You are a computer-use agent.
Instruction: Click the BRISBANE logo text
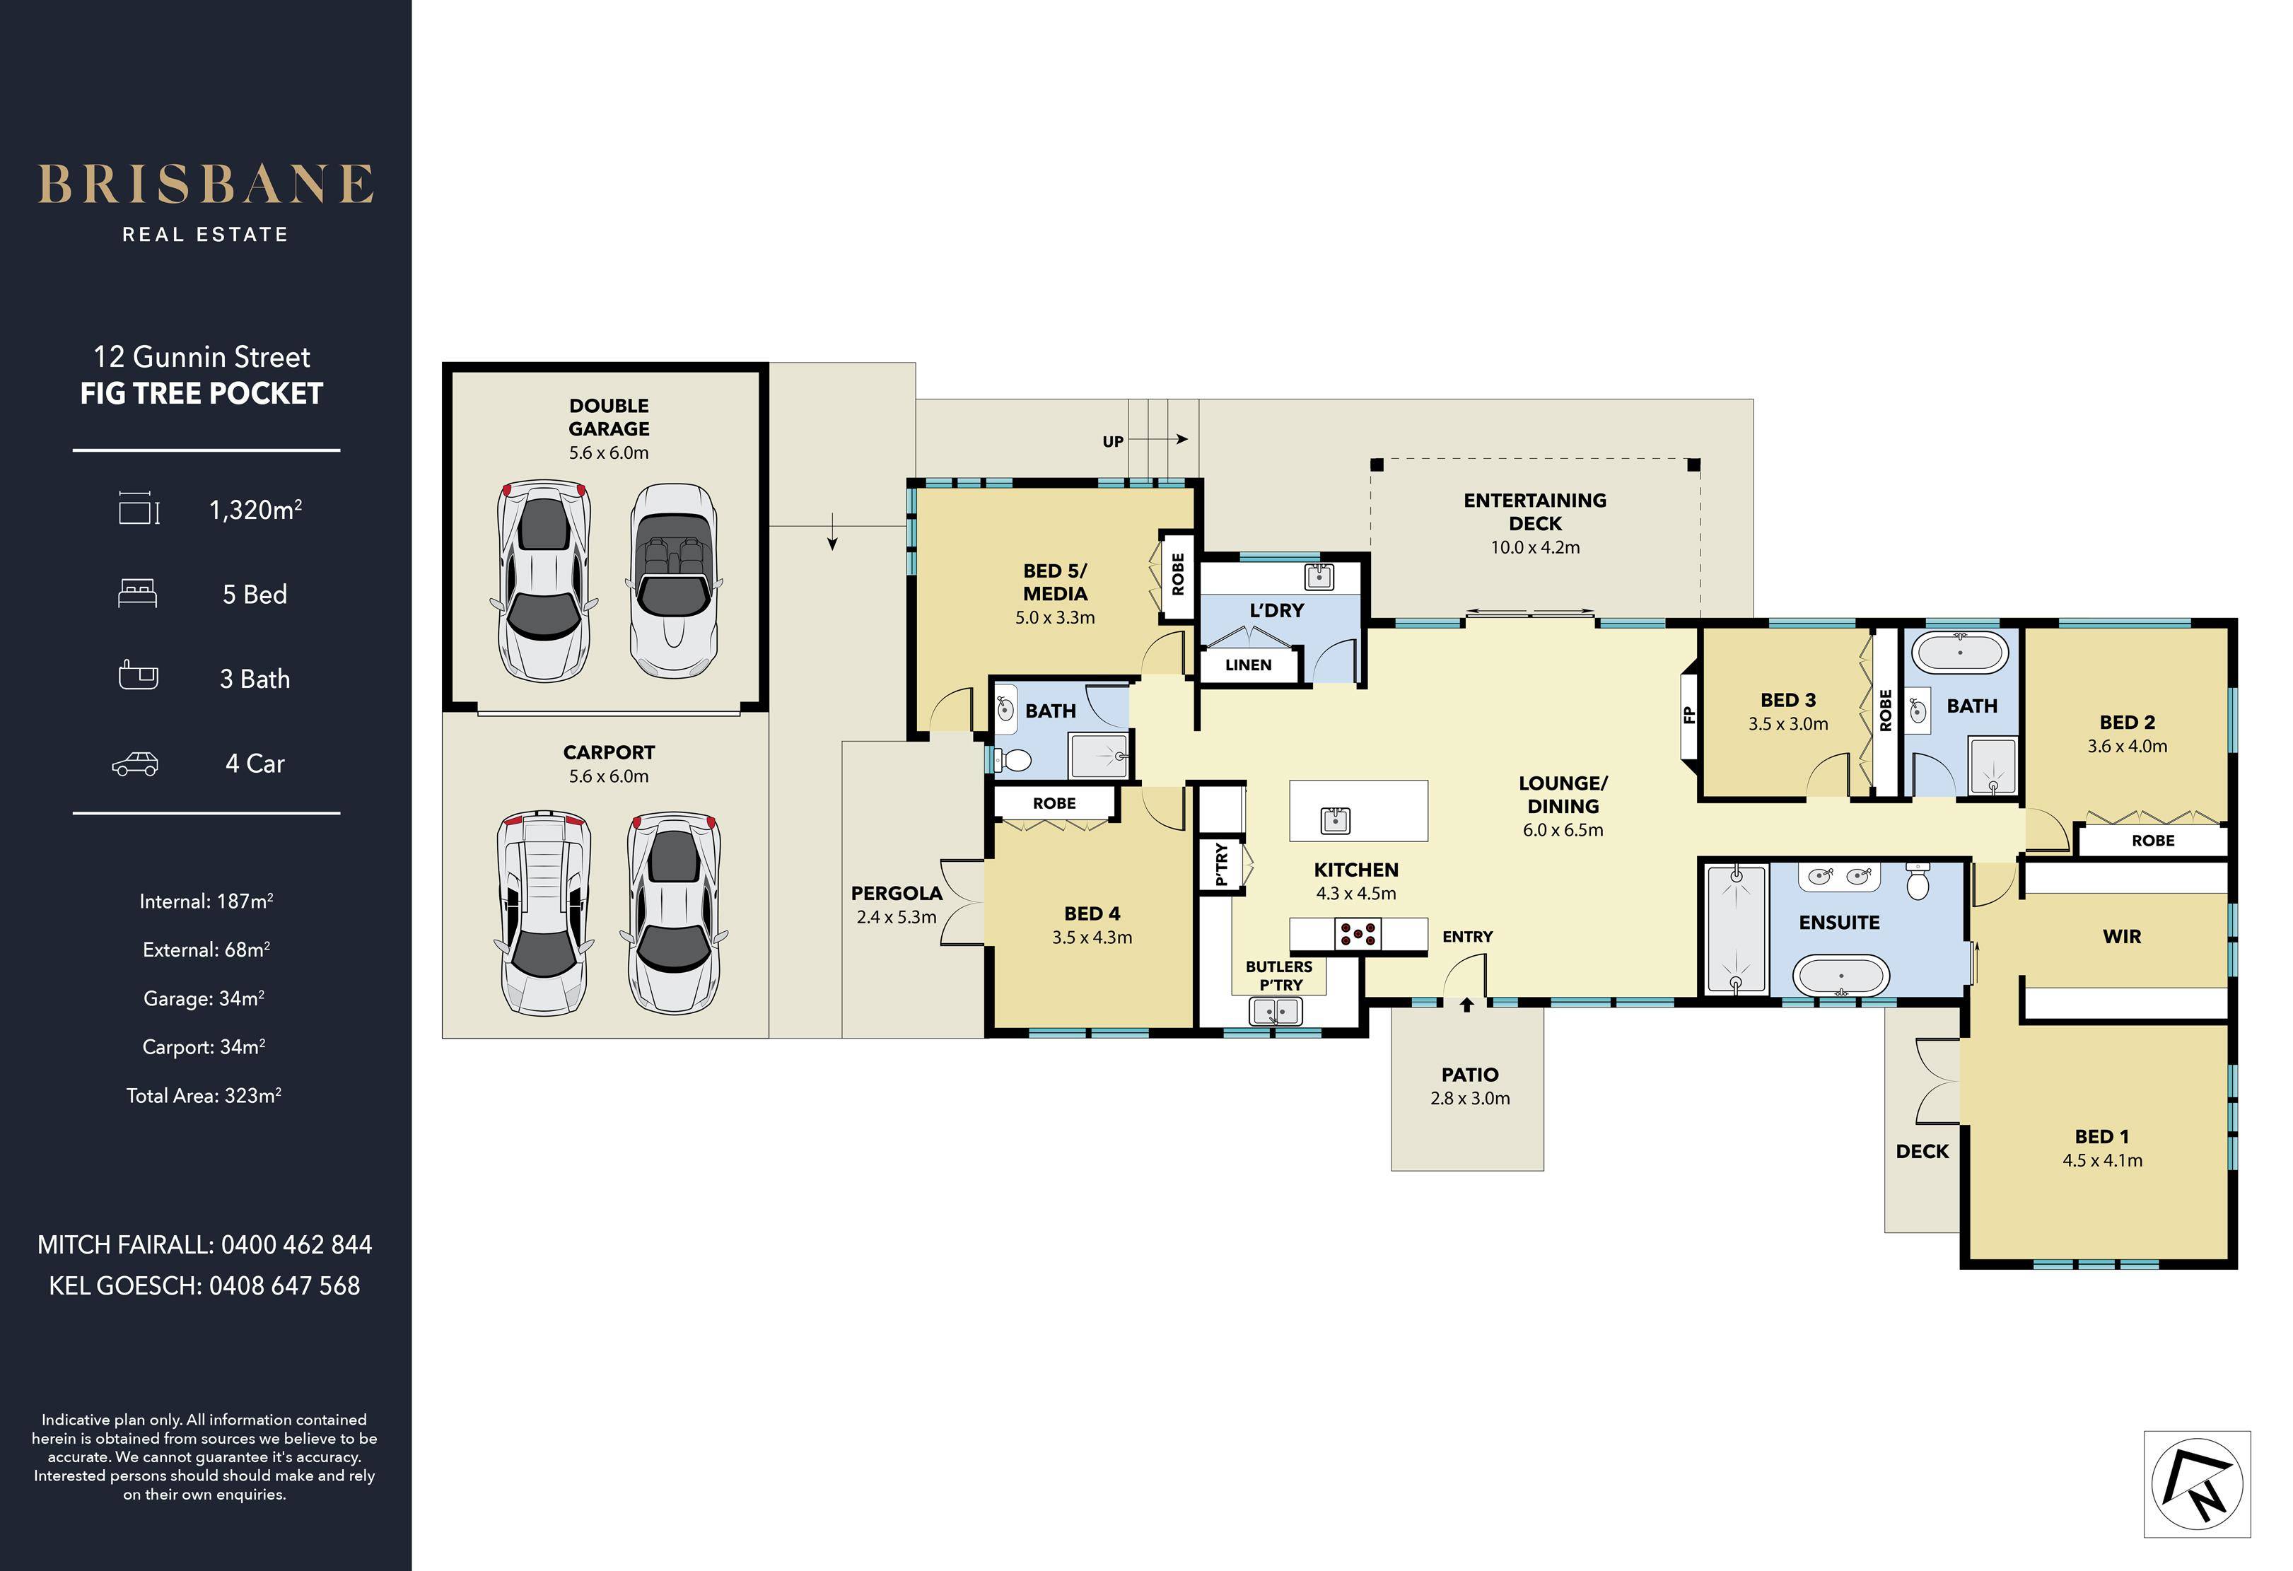(205, 185)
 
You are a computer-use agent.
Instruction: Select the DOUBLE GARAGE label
(609, 417)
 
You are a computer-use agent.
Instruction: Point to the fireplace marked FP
(1688, 715)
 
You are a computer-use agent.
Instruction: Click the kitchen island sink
(1335, 819)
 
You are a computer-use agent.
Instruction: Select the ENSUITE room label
(1839, 923)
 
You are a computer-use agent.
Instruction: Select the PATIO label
(1470, 1075)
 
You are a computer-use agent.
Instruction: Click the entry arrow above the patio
(1467, 1005)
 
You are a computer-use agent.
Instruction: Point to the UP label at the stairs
(1113, 442)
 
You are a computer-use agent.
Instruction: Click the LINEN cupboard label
(1248, 665)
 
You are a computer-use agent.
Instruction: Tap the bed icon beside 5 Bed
(137, 594)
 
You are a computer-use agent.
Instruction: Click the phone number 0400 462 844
(296, 1245)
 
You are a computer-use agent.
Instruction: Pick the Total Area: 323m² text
(204, 1095)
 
